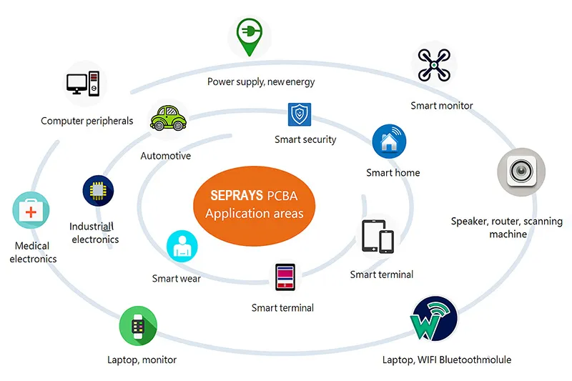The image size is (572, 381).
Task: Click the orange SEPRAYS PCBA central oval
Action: click(x=254, y=204)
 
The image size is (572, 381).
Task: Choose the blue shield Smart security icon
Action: click(x=300, y=114)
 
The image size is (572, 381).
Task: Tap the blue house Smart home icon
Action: click(x=390, y=142)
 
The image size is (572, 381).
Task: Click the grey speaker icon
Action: click(x=521, y=172)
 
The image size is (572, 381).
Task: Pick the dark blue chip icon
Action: click(x=98, y=191)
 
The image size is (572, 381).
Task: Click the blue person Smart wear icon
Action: click(x=183, y=247)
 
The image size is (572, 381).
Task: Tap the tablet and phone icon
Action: click(x=378, y=237)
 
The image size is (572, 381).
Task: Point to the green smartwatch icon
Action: click(x=138, y=326)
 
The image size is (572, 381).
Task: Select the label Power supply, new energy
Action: click(x=261, y=81)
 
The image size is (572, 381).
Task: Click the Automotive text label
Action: click(x=165, y=156)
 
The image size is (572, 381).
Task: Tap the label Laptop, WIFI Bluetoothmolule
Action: click(x=447, y=360)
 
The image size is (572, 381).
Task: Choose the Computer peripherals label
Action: click(x=87, y=121)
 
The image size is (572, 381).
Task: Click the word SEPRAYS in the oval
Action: click(x=236, y=195)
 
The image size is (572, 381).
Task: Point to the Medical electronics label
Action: click(x=33, y=252)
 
